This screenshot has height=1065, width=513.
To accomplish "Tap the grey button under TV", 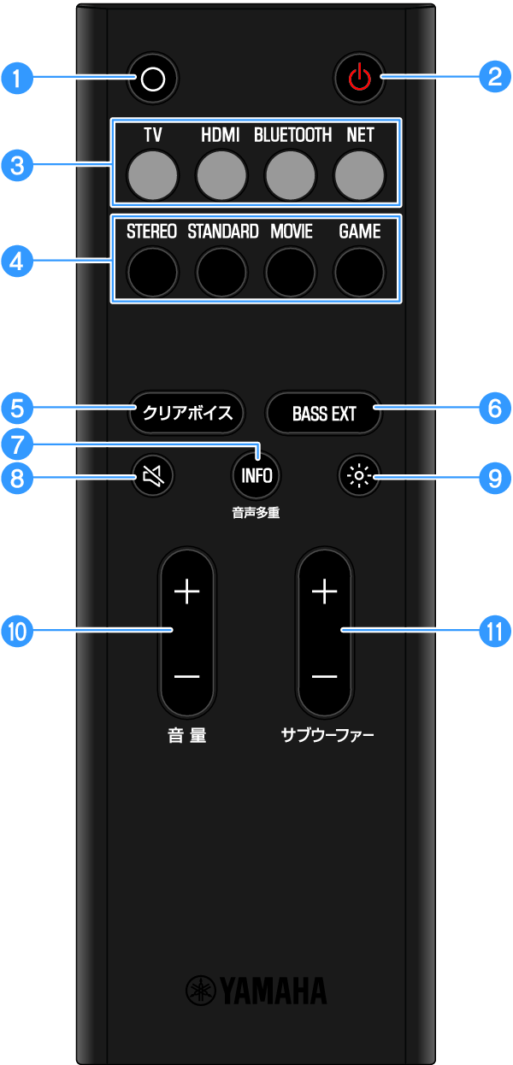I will (153, 174).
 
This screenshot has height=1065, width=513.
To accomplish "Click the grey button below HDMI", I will (221, 174).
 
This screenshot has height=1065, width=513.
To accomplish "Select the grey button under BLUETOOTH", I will (291, 174).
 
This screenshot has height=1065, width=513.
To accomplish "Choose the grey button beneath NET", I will (359, 174).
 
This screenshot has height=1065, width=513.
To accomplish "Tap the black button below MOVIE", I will (291, 271).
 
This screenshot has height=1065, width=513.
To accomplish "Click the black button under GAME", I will (359, 271).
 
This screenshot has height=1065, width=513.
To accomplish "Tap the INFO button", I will (256, 476).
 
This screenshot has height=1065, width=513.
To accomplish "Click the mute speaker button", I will (153, 476).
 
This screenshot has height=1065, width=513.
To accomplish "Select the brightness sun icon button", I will (359, 476).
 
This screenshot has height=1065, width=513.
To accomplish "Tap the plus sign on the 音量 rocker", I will (186, 591).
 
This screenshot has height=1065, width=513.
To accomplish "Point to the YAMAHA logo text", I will (256, 991).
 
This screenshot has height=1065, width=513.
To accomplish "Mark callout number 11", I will (492, 631).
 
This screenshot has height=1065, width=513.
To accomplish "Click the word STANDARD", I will (222, 232).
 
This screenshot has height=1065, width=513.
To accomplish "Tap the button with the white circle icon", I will (153, 79).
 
